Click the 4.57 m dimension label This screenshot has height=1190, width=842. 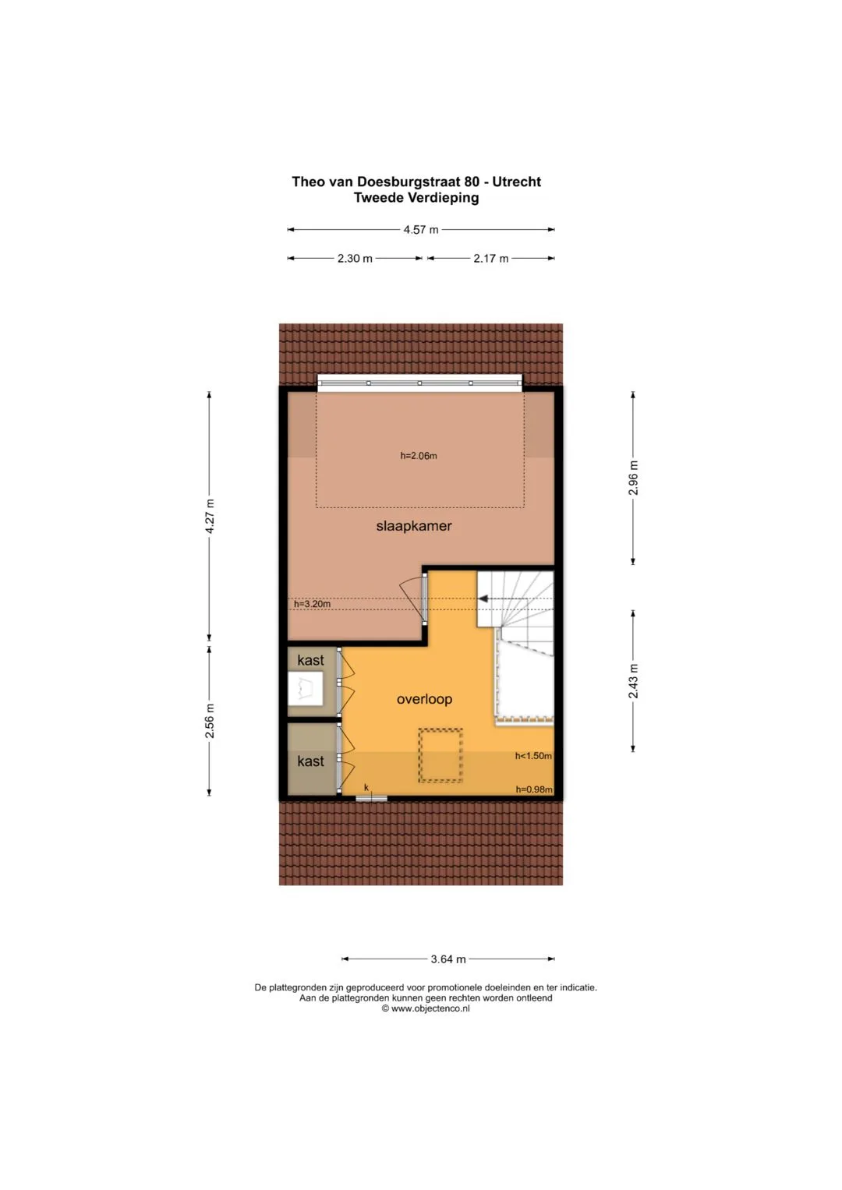tap(421, 230)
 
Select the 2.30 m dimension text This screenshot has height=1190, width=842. tap(355, 259)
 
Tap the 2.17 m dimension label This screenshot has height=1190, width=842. tap(490, 259)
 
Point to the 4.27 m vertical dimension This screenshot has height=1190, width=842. tap(210, 517)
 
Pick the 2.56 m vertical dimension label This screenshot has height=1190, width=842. tap(210, 720)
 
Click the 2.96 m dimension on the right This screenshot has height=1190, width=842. tap(633, 478)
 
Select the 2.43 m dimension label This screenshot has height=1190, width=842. tap(633, 681)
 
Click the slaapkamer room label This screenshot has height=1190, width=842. tap(414, 526)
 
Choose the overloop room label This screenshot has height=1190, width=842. tap(424, 699)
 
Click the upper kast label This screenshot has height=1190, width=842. tap(311, 660)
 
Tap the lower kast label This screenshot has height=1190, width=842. tap(311, 761)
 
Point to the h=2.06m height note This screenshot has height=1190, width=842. tap(419, 456)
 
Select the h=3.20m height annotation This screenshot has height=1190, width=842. tap(312, 604)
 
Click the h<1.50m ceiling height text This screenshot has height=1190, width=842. tap(533, 756)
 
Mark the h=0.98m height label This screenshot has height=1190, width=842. tap(534, 789)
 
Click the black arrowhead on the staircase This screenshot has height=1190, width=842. tap(483, 599)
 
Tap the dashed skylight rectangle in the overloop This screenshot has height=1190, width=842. tap(440, 755)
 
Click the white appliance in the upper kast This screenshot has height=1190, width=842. tap(305, 689)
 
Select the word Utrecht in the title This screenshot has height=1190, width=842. tap(516, 182)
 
